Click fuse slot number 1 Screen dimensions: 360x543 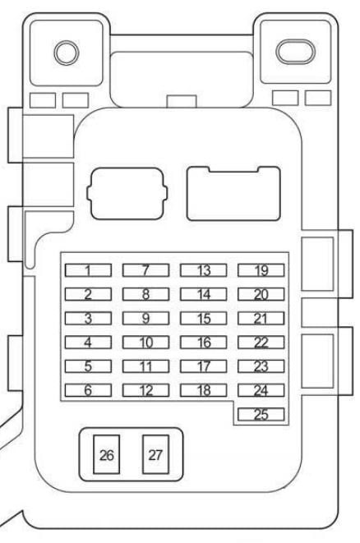click(88, 270)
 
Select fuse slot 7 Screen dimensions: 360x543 click(145, 270)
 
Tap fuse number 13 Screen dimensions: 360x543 click(203, 270)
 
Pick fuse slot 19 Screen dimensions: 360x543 click(261, 270)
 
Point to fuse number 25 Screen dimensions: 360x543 click(261, 414)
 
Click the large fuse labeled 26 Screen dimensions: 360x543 click(106, 454)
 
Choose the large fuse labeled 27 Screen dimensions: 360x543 click(155, 454)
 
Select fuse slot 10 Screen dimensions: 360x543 click(145, 342)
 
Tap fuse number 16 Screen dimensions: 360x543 click(203, 342)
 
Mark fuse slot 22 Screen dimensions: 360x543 click(261, 342)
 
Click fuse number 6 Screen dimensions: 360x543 click(88, 390)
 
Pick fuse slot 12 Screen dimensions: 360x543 click(145, 390)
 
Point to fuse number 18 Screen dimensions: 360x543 click(203, 390)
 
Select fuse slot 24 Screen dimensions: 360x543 click(261, 390)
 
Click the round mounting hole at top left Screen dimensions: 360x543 click(67, 53)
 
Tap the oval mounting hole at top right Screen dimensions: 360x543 click(295, 52)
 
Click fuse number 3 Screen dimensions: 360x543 click(88, 318)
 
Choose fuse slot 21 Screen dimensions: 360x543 click(261, 318)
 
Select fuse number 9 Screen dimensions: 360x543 click(145, 318)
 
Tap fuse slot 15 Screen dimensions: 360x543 click(203, 318)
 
